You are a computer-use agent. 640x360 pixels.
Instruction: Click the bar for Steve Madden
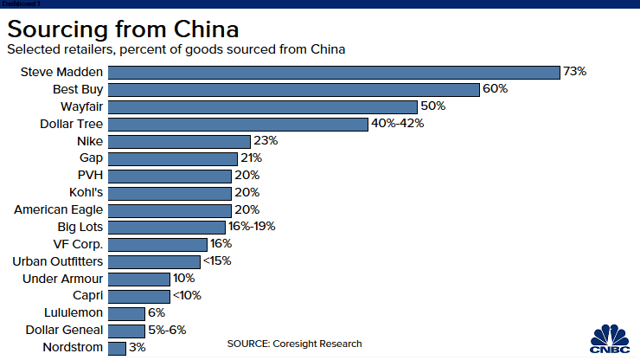tap(334, 73)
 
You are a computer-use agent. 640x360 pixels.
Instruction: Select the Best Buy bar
tap(294, 90)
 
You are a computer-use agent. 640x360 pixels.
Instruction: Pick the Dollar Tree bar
tap(239, 124)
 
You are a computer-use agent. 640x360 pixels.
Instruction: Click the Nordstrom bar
tap(118, 348)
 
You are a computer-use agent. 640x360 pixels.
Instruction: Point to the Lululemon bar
tap(127, 313)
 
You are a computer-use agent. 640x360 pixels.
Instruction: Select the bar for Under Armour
tap(139, 279)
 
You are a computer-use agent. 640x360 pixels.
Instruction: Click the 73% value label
tap(574, 73)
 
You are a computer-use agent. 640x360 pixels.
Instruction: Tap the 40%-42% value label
tap(398, 124)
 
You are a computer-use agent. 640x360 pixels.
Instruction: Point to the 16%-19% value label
tap(252, 227)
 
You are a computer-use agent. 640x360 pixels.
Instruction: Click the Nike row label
tap(89, 141)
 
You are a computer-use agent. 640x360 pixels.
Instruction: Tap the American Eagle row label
tap(59, 209)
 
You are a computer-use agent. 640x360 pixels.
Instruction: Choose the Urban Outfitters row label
tap(57, 261)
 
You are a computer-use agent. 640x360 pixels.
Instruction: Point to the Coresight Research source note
tap(294, 344)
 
